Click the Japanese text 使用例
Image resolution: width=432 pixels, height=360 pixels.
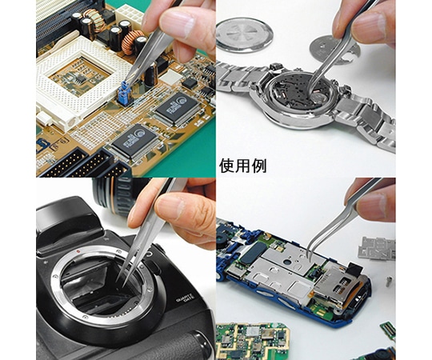[242, 166]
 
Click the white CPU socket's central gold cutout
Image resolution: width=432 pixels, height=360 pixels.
[79, 76]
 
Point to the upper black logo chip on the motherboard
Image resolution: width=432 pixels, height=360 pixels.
[177, 108]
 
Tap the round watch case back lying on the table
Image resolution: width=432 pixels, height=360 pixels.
[244, 34]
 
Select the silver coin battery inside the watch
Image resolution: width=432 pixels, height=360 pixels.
[319, 98]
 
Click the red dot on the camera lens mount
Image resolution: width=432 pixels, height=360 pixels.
[78, 251]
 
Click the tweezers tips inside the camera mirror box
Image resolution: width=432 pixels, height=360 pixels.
[120, 282]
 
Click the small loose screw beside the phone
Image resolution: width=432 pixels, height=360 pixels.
[389, 282]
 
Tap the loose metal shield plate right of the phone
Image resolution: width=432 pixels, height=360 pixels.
[377, 248]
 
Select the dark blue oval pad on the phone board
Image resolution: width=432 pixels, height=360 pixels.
[250, 258]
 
